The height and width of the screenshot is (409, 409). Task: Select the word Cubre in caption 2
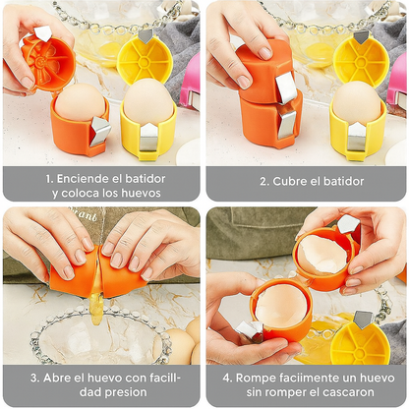pos(290,181)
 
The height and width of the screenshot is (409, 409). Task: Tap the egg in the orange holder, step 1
pos(81,101)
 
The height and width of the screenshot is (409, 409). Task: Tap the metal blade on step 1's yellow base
pos(150,138)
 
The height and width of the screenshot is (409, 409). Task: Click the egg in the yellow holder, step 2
pos(357,102)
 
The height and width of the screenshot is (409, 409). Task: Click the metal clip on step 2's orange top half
pos(286,87)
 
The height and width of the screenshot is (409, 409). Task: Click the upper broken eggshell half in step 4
pos(321,254)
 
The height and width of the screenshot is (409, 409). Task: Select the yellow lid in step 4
pos(360,342)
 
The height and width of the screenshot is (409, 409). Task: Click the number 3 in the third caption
pos(33,378)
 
